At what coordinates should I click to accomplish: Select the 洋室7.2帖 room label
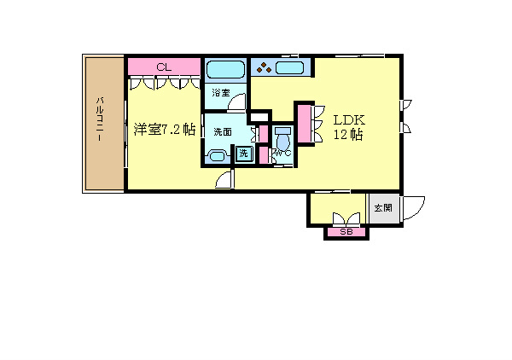165,130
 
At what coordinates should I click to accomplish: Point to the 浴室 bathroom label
220,93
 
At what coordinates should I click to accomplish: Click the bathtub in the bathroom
224,69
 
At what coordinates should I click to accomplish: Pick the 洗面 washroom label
223,132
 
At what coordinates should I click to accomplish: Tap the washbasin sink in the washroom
217,155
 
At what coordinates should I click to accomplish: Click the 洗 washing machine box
243,154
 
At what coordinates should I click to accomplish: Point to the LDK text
348,119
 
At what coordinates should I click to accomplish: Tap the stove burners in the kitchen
265,67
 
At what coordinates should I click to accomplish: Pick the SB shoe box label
346,232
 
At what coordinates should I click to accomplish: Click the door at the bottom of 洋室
224,179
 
